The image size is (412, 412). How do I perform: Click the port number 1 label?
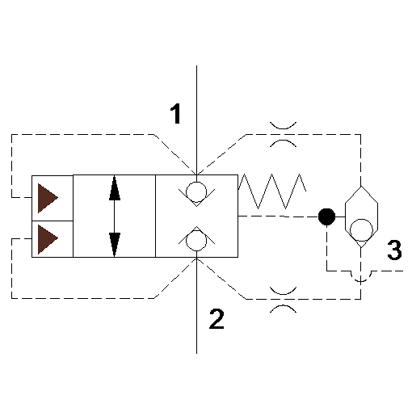pos(175,114)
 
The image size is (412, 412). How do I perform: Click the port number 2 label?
pos(217,319)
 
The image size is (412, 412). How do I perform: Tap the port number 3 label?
pos(394,250)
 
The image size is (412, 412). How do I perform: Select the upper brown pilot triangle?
pos(48,198)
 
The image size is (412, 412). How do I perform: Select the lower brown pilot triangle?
pos(48,239)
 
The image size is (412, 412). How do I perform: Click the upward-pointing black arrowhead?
pos(115,188)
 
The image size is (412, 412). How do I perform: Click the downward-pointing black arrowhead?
pos(115,245)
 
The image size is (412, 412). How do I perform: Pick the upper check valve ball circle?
pos(196,192)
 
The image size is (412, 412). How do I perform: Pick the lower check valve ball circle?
pos(196,241)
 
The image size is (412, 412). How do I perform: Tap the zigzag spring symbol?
pos(272,191)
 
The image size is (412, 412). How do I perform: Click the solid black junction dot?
pos(326,217)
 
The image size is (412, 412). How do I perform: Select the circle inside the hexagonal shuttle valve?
pos(361,230)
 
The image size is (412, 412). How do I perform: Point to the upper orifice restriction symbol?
pos(283,135)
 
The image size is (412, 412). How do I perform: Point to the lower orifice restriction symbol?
pos(283,300)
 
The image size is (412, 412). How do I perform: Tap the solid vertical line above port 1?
pos(196,120)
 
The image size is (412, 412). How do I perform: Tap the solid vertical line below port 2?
pos(196,305)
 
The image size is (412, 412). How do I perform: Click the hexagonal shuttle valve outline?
pos(345,217)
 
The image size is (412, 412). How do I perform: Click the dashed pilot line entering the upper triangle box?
pos(11,166)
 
